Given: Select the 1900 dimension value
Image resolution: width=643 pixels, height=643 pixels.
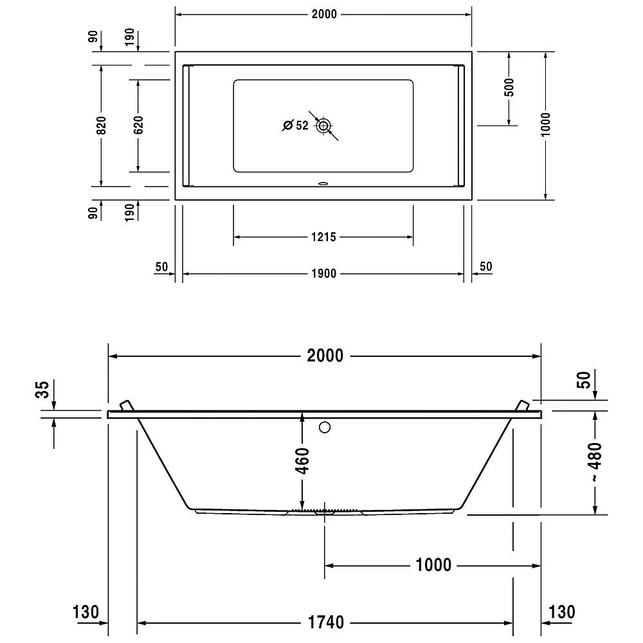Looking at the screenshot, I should tap(324, 274).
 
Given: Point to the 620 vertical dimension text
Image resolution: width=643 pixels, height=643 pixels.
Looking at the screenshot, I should tap(138, 126).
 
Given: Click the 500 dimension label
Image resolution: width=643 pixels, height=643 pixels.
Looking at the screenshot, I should tap(509, 87).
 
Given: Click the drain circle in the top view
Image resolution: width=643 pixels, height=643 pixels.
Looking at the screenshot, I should tap(323, 126).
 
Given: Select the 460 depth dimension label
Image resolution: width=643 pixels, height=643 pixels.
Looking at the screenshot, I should tap(302, 460).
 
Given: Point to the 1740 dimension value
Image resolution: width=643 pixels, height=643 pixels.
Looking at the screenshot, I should tap(325, 622).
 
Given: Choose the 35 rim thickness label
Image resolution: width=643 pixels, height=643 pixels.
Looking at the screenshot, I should tap(42, 390).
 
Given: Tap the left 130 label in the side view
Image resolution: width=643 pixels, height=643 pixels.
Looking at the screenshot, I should tap(86, 611).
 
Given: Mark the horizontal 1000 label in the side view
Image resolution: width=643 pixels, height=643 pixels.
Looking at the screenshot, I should tap(433, 565).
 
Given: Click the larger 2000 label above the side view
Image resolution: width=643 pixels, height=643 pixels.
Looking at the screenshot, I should tap(325, 356).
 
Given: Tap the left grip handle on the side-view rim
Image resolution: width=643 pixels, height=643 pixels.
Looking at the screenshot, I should tap(126, 405).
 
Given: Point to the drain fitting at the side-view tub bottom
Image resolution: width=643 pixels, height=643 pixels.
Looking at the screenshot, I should tap(325, 512).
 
